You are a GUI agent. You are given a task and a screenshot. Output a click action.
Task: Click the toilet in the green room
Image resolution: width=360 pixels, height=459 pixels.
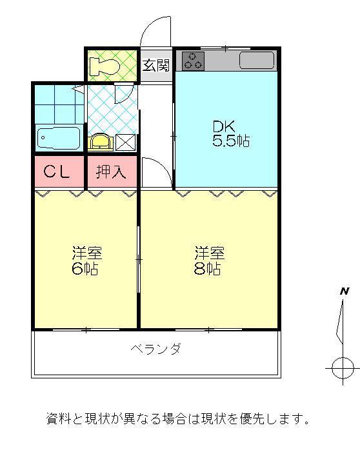(x=106, y=65)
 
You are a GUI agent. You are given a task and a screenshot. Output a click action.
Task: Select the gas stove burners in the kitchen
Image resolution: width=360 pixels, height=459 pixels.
(x=193, y=61)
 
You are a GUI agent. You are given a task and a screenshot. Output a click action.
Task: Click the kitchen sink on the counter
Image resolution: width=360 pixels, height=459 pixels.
(x=257, y=61)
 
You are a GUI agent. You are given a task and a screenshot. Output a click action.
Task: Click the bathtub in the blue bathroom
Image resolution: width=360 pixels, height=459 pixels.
(x=58, y=138)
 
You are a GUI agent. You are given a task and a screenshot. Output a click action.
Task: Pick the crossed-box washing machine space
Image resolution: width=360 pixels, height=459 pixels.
(x=125, y=142)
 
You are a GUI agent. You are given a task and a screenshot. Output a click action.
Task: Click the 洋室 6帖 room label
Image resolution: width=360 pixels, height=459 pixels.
(x=86, y=260)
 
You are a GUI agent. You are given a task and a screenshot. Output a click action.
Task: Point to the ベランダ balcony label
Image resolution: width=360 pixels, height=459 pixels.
(x=155, y=349)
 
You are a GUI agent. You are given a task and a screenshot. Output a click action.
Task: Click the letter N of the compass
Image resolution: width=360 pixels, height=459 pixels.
(x=345, y=291)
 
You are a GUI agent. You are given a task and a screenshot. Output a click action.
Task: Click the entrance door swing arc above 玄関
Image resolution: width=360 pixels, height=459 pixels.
(x=155, y=29)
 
